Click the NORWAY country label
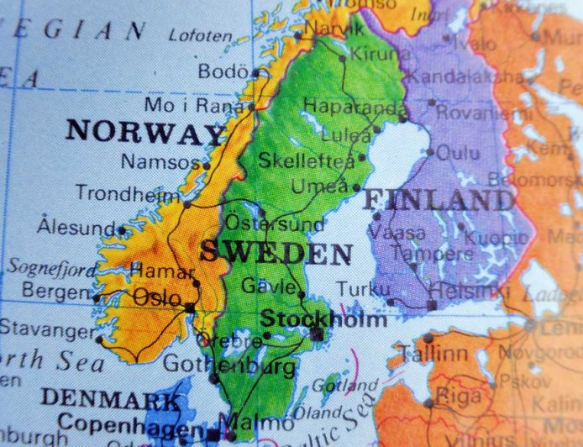click(144, 133)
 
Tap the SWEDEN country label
click(276, 252)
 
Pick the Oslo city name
click(157, 297)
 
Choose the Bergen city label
click(55, 292)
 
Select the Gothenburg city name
click(228, 365)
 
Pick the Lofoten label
click(200, 35)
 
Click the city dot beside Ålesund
click(122, 229)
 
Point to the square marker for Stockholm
click(317, 334)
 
